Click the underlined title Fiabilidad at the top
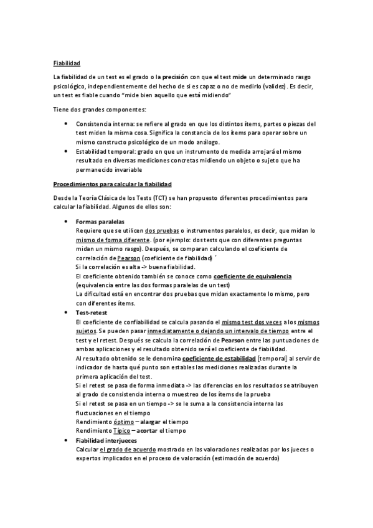[67, 63]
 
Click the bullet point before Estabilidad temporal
[67, 151]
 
